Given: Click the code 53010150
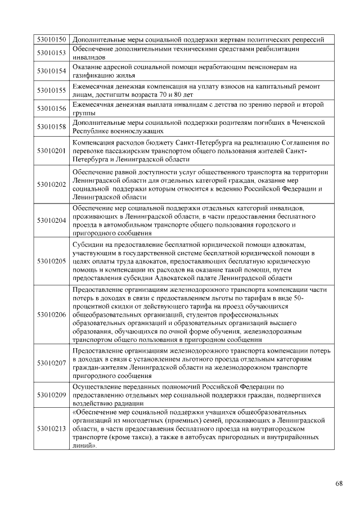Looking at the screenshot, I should click(x=52, y=39).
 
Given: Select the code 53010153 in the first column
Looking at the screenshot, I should click(x=52, y=53).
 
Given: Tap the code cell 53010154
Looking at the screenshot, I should click(x=52, y=71).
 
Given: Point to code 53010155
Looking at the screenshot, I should click(x=52, y=89).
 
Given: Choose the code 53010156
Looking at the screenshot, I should click(x=52, y=108).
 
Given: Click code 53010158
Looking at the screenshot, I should click(x=52, y=127).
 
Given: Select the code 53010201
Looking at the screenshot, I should click(x=52, y=151).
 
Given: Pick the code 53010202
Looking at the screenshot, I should click(x=52, y=184).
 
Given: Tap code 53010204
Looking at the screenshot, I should click(x=52, y=220).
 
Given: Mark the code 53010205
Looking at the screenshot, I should click(x=52, y=261).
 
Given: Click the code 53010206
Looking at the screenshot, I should click(x=52, y=314).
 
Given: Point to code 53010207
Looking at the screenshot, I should click(x=52, y=363).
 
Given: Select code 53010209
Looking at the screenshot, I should click(x=52, y=395).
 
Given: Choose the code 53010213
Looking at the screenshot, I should click(x=52, y=429).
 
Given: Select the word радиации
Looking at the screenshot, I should click(x=125, y=404).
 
